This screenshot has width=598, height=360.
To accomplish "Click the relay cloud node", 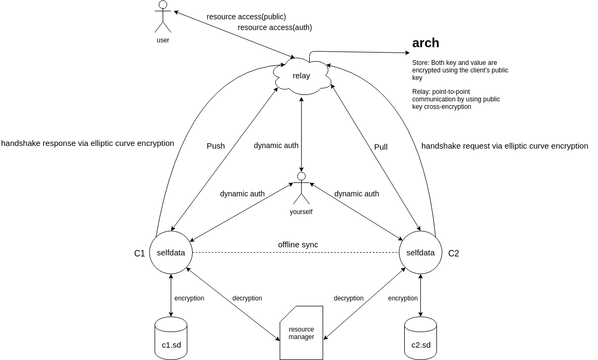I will click(301, 76).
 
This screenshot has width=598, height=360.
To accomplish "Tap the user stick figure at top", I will click(163, 17).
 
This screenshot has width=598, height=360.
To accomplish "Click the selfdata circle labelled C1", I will click(171, 252).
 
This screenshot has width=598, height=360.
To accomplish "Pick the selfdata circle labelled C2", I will click(420, 252).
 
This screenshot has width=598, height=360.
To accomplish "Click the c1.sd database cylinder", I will click(171, 338).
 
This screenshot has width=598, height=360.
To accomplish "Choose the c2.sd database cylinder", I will click(420, 338).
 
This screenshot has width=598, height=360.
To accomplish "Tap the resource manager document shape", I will click(301, 333).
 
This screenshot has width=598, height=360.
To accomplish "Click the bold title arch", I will click(426, 43).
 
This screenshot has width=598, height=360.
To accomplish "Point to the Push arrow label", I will click(216, 145).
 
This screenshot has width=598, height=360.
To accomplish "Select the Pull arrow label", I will click(381, 146).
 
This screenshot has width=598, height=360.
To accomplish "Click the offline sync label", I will click(298, 245).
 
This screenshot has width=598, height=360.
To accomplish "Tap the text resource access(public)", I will click(246, 17).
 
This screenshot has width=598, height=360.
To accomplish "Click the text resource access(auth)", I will click(275, 27).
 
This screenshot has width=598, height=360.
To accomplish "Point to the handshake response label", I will click(87, 143).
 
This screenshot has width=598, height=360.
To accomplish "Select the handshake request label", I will click(505, 145).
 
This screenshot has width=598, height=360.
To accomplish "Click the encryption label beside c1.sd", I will click(189, 298).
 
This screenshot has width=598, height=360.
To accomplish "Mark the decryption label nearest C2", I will click(348, 298).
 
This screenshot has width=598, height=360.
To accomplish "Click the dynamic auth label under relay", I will click(276, 145).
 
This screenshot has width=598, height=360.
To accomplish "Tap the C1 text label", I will click(140, 253).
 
